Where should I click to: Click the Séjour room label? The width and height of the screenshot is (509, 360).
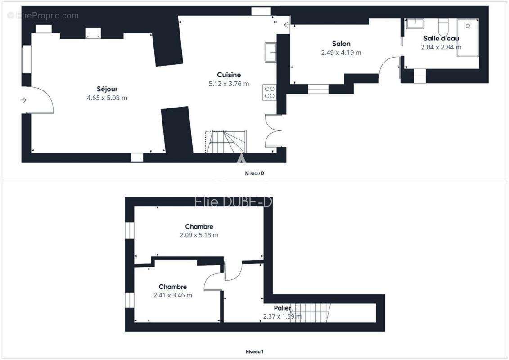(x=107, y=89)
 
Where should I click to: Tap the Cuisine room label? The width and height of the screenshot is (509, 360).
(x=229, y=75)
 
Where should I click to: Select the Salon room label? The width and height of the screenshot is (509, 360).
(x=341, y=44)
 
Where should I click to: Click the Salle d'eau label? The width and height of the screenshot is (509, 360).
(x=441, y=38)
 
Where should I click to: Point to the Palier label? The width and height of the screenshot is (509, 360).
(x=282, y=308)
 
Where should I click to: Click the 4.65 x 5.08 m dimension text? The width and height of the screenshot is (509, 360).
(x=107, y=98)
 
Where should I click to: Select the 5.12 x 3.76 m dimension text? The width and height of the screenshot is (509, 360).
(x=229, y=83)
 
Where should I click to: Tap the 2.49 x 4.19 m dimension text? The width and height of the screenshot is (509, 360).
(x=341, y=52)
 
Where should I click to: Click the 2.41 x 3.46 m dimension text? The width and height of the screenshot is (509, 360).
(x=172, y=295)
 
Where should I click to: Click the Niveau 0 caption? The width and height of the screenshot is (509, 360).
(x=254, y=173)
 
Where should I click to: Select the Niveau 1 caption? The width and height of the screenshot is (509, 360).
(x=254, y=351)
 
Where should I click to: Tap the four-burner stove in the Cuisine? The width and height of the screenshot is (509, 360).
(x=269, y=93)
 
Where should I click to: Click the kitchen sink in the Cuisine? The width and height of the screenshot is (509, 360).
(x=270, y=51)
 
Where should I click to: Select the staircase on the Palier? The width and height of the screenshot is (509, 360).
(x=314, y=313)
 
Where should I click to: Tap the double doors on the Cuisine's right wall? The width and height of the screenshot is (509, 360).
(x=273, y=131)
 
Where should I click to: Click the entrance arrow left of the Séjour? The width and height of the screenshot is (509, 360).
(x=24, y=100)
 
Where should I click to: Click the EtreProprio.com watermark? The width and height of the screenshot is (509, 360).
(x=43, y=16)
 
